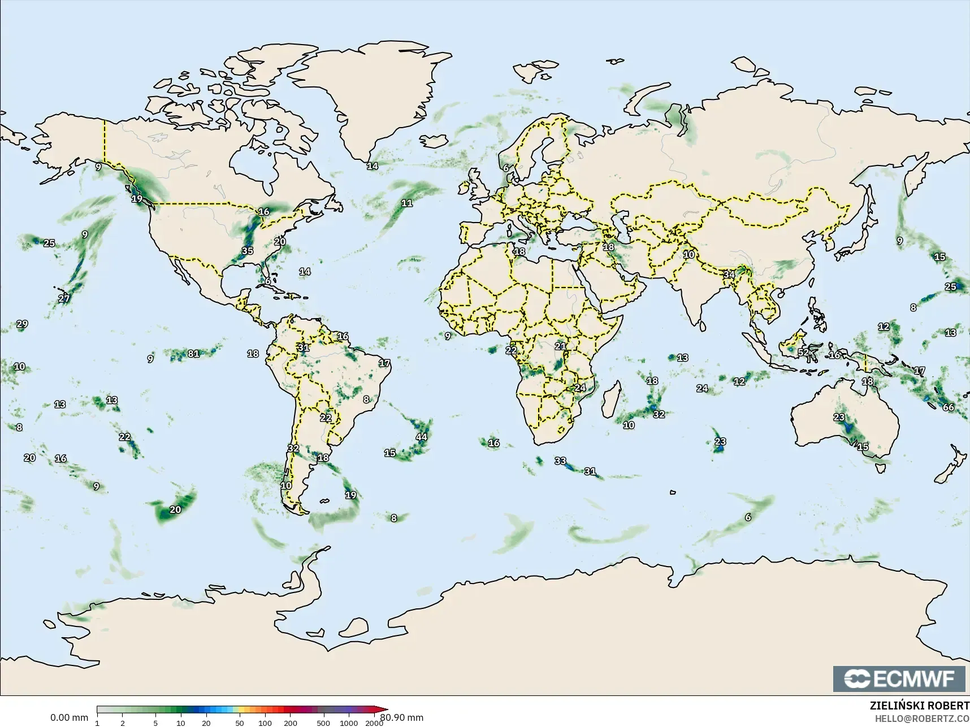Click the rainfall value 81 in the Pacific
click(x=193, y=354)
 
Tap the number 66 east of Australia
click(x=948, y=407)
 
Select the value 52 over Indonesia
click(x=803, y=352)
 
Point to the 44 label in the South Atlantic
click(x=421, y=437)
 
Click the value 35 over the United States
click(x=247, y=251)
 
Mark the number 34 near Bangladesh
click(x=729, y=275)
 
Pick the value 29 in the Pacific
click(x=22, y=324)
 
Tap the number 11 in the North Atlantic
click(x=406, y=203)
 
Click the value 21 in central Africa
click(x=560, y=346)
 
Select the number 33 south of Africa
click(x=560, y=461)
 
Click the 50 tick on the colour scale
click(x=240, y=722)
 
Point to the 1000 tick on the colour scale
click(x=349, y=722)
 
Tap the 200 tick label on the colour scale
click(x=290, y=722)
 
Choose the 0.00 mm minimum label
click(x=69, y=718)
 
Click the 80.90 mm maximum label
click(x=401, y=718)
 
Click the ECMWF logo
click(x=899, y=678)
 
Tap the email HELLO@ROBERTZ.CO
click(x=922, y=719)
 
